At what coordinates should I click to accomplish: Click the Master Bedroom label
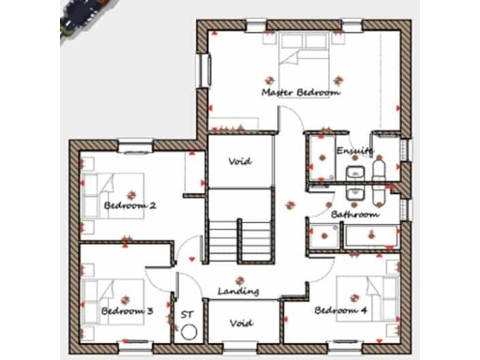(300, 93)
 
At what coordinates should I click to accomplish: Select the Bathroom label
(354, 215)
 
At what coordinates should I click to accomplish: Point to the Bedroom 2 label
(129, 204)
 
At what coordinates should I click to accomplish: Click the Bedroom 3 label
(127, 310)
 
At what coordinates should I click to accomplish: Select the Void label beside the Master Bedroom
(241, 161)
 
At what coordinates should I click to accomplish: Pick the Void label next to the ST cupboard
(242, 323)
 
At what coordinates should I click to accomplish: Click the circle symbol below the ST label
(188, 332)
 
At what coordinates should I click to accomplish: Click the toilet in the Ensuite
(379, 170)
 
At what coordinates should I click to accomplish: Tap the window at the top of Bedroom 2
(135, 145)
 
